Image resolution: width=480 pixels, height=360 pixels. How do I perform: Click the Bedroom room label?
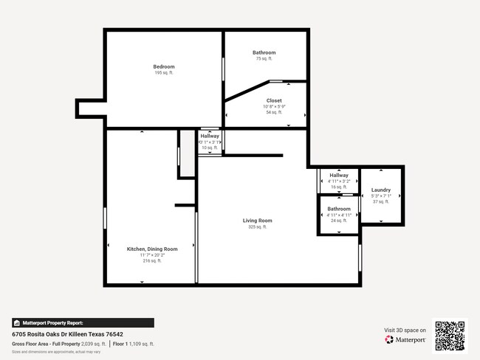(164, 67)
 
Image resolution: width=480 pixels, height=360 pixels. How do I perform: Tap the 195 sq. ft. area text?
(164, 73)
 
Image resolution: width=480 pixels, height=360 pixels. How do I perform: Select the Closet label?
(274, 100)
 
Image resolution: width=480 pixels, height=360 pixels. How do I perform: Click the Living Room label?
(258, 221)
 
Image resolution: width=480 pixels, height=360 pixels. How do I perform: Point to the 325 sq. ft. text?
(258, 227)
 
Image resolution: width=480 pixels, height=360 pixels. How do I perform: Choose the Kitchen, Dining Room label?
(152, 249)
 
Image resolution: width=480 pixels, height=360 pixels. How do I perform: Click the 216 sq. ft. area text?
(152, 261)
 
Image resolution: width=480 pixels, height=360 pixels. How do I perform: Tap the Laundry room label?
(381, 190)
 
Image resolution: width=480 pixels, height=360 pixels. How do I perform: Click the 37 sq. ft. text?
(381, 201)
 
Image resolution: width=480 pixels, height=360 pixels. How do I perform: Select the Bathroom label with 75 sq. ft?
(264, 52)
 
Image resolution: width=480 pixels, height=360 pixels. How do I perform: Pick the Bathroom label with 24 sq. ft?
(339, 209)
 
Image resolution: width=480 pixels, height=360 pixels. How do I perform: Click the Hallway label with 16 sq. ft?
(338, 176)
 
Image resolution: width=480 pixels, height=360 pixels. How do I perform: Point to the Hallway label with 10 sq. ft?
(210, 136)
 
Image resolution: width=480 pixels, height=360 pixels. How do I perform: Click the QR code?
(450, 336)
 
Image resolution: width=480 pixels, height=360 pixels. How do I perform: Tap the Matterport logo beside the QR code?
(405, 340)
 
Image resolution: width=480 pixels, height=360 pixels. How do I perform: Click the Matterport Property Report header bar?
(83, 322)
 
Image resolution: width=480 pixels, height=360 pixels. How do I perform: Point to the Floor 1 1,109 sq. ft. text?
(134, 344)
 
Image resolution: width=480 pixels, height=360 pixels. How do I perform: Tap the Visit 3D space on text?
(405, 330)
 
